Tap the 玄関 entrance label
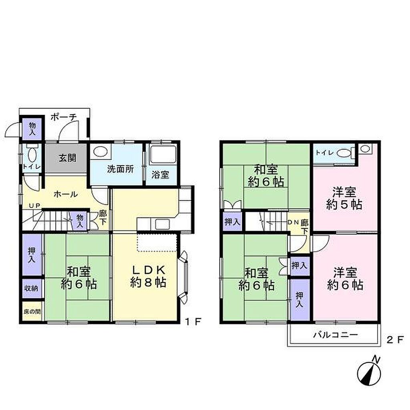tap(67, 158)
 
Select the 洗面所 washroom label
tap(120, 169)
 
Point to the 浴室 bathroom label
tap(160, 175)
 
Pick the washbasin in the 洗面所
tap(100, 152)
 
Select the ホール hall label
tap(66, 194)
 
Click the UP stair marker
tap(34, 206)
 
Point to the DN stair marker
tap(293, 222)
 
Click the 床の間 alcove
tap(32, 312)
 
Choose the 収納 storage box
tap(32, 288)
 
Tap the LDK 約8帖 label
tap(148, 276)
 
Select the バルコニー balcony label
tap(336, 335)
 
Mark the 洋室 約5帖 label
tap(344, 199)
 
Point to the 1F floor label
tap(193, 322)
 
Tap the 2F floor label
tap(395, 340)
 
